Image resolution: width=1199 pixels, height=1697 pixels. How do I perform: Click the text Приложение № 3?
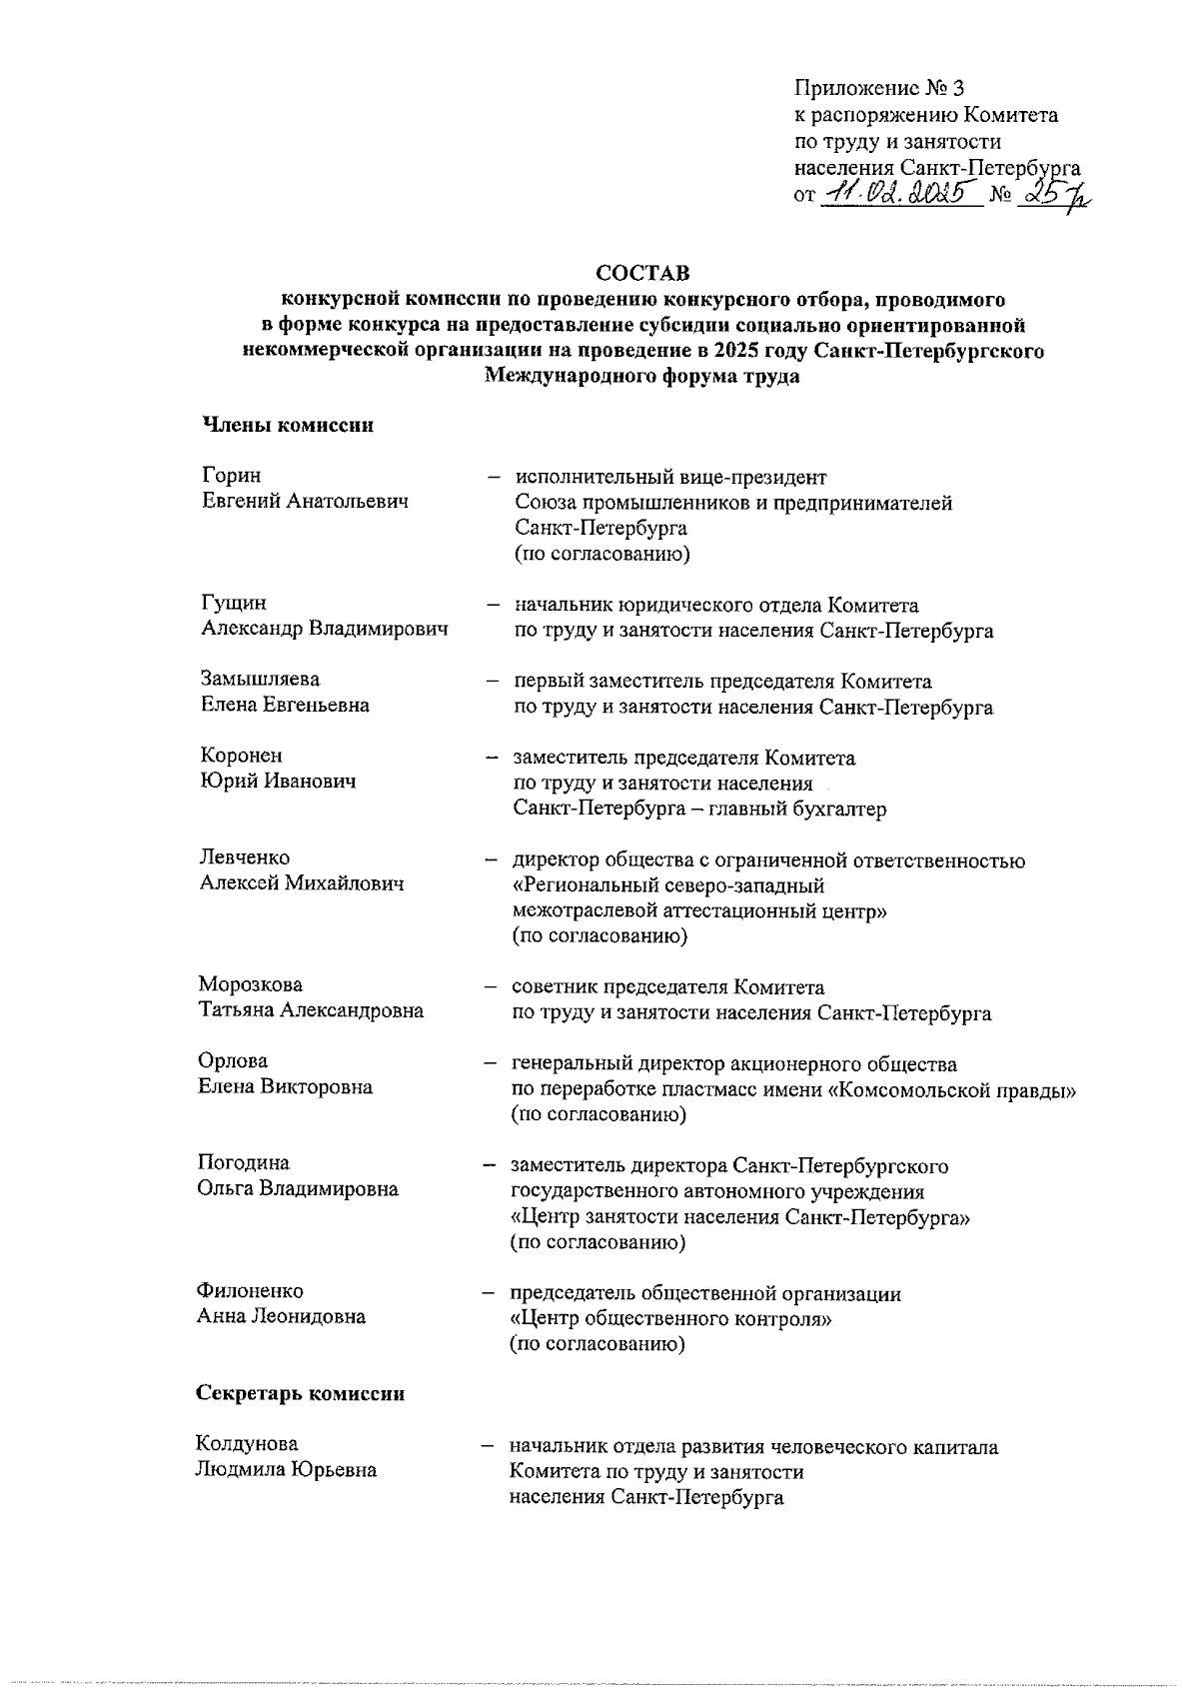pos(878,89)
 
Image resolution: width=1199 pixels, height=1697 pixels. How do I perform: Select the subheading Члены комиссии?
pos(289,425)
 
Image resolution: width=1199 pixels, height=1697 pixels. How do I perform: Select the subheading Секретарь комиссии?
pos(301,1393)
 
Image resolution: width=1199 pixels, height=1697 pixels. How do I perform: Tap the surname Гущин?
pos(234,604)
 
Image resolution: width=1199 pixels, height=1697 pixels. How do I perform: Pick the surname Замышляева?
pos(260,680)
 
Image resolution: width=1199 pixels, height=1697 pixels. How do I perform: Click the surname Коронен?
pos(241,757)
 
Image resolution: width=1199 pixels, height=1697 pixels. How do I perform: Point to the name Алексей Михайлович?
pos(302,883)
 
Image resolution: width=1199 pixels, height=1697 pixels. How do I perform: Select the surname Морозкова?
pos(250,985)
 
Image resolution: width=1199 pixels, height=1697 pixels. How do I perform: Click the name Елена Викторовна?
pos(285,1087)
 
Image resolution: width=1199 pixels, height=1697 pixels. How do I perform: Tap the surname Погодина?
pos(243,1163)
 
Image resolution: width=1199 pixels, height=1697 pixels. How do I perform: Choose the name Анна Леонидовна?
pos(281,1317)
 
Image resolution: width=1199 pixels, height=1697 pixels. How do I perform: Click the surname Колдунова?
pos(247,1444)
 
